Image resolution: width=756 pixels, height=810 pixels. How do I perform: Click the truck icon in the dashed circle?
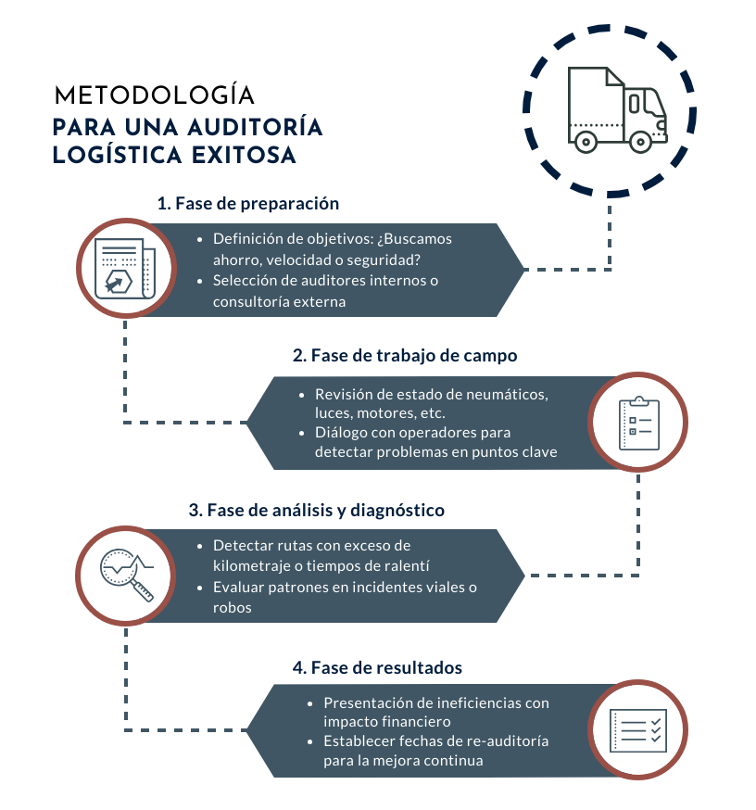(x=615, y=110)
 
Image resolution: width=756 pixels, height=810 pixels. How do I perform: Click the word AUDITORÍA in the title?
(x=252, y=127)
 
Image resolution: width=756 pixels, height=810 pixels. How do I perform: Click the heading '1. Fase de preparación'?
(x=247, y=203)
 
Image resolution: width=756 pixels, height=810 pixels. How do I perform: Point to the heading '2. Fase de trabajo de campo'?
(x=405, y=355)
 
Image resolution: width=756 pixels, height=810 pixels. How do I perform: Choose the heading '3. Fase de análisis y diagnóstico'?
(x=316, y=510)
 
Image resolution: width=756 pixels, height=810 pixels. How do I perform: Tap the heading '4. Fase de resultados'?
(x=377, y=667)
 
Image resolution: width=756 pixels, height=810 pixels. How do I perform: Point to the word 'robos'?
(x=233, y=608)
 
